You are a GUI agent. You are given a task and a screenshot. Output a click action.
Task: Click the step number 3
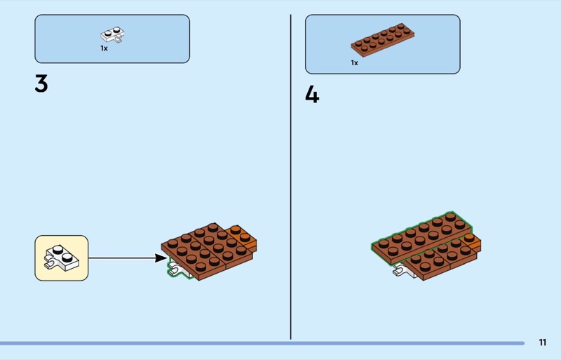tap(41, 84)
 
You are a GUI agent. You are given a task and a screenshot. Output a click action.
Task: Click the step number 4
tap(312, 95)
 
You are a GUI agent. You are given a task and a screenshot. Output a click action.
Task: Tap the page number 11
tap(542, 342)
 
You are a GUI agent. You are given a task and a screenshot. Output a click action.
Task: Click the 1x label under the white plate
tap(104, 48)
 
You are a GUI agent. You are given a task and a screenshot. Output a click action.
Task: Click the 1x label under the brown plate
tap(354, 63)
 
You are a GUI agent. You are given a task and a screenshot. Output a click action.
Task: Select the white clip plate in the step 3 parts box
tap(112, 35)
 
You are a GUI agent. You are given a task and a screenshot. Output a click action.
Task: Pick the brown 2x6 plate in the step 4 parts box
tap(383, 40)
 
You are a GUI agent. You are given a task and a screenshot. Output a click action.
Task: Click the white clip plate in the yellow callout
tap(62, 258)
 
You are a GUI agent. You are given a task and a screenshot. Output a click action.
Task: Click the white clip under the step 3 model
tap(177, 269)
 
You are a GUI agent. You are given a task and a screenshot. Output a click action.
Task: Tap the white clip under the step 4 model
tap(402, 271)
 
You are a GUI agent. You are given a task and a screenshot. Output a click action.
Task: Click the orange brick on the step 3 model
tap(245, 237)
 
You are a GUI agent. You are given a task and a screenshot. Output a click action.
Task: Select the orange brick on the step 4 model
tap(472, 243)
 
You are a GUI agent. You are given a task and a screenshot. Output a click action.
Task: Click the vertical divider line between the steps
tap(290, 177)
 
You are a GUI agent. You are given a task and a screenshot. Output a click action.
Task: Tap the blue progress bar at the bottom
tap(262, 343)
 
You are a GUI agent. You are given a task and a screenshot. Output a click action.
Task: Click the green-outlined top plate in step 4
tap(422, 237)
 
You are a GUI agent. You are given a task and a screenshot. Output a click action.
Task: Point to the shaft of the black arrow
tap(121, 258)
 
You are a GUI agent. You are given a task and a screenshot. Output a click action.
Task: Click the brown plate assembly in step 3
tap(208, 251)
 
